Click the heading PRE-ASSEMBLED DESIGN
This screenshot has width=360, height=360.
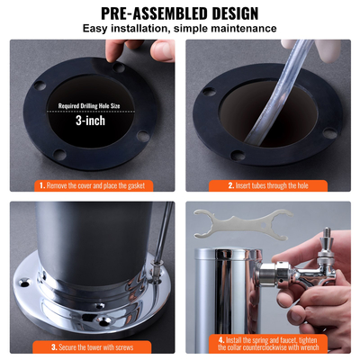click(x=180, y=13)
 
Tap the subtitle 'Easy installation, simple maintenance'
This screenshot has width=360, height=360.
click(x=180, y=29)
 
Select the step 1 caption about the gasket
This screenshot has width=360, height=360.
click(x=95, y=185)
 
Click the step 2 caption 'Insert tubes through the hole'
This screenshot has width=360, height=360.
click(x=271, y=185)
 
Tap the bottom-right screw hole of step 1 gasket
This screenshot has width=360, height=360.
click(x=143, y=137)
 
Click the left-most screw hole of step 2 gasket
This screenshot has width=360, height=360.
click(x=208, y=91)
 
